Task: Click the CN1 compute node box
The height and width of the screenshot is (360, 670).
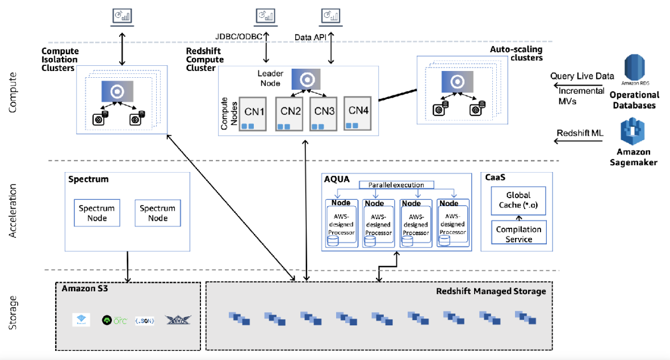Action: pos(254,114)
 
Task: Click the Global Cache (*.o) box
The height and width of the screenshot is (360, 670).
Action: pos(518,200)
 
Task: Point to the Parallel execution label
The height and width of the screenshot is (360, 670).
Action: pos(396,185)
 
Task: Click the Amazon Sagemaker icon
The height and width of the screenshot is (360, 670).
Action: pos(634,132)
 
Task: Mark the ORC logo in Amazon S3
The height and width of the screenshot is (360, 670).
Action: pos(113,320)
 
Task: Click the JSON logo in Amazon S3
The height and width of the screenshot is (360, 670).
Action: pos(144,321)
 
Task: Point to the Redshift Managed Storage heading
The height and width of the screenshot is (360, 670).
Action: pos(491,291)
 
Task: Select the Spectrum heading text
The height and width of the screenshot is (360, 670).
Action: pos(88,179)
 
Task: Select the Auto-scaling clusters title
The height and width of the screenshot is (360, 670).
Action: pos(516,53)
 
